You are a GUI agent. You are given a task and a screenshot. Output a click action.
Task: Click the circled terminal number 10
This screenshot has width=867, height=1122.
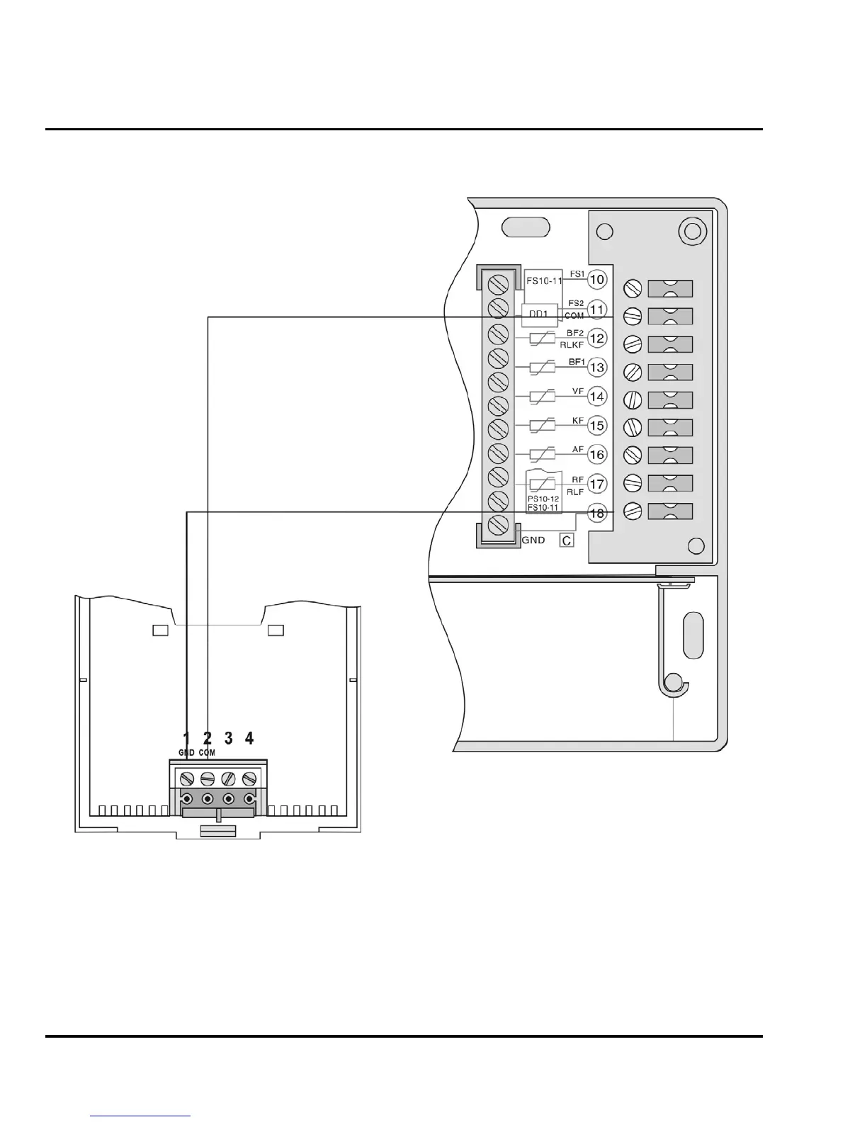click(x=597, y=279)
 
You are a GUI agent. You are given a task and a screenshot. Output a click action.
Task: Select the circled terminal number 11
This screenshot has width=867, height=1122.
click(x=597, y=310)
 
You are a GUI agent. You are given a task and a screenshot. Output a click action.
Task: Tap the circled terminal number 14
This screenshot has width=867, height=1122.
click(x=597, y=396)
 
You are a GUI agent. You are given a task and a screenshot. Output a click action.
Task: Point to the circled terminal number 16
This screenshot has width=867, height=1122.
click(x=597, y=454)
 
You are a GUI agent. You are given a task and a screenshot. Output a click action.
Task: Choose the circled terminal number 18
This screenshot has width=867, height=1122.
click(x=597, y=513)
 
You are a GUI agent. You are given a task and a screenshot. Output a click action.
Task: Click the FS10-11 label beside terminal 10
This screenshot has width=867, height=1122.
click(x=544, y=281)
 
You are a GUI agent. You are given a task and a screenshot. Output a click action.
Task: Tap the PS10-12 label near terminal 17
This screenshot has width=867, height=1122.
click(x=543, y=499)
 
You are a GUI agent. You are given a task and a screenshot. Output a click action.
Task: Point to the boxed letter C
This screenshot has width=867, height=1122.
click(x=567, y=540)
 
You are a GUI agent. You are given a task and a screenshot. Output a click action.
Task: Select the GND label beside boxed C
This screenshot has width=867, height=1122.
click(x=533, y=540)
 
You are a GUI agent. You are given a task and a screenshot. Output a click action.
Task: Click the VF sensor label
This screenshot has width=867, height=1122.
click(x=577, y=391)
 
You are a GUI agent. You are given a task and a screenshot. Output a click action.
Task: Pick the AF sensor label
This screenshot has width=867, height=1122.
click(x=577, y=449)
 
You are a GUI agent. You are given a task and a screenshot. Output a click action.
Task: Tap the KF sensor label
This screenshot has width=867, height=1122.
click(x=577, y=420)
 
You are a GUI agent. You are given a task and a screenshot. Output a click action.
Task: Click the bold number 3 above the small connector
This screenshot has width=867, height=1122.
click(x=228, y=738)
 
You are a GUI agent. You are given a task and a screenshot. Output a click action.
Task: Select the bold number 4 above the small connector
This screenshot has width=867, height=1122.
click(x=249, y=738)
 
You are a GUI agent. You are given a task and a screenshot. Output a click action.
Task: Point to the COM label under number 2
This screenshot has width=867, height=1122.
click(x=207, y=753)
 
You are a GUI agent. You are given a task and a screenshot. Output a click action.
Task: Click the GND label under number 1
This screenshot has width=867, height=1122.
click(x=186, y=753)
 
